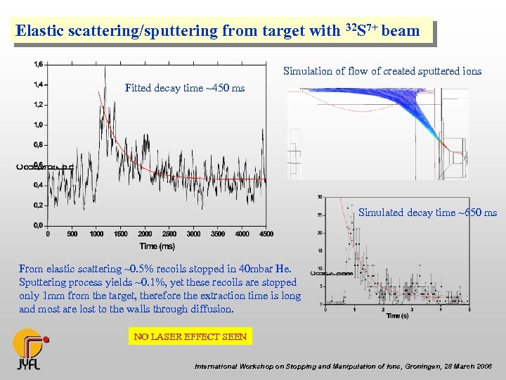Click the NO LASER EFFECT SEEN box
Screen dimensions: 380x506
click(x=190, y=336)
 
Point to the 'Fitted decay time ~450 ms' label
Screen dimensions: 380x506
click(x=185, y=88)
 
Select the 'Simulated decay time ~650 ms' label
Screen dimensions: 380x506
click(x=427, y=212)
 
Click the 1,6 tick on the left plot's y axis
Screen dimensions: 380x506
click(x=38, y=64)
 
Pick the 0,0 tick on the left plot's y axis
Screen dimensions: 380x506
click(x=38, y=225)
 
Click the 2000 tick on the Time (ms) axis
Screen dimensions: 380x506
click(x=145, y=234)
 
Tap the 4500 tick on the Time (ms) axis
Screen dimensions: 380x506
click(x=266, y=234)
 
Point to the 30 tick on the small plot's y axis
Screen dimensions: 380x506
click(x=320, y=196)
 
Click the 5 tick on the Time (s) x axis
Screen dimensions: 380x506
click(x=469, y=310)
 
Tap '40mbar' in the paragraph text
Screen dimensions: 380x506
click(x=252, y=268)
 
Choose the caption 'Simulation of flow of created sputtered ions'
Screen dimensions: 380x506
click(x=382, y=71)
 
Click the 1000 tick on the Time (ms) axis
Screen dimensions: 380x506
click(x=96, y=234)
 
